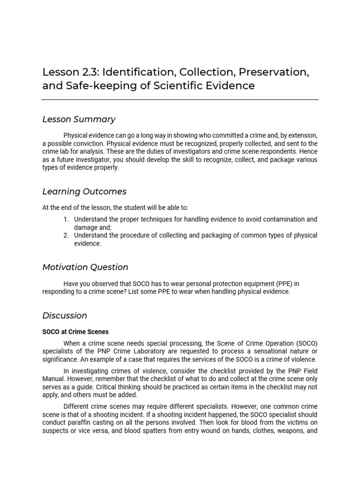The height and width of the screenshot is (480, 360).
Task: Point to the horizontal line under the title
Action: coord(180,99)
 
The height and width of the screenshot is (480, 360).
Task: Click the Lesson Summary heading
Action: coord(79,120)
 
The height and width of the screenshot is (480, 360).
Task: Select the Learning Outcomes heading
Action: coord(84,192)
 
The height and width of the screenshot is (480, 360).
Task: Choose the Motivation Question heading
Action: coord(85,267)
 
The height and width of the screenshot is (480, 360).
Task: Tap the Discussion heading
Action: coord(65,315)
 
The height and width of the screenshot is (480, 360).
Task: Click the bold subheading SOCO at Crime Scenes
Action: coord(75,331)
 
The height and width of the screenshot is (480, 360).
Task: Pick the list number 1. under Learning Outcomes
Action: coord(66,219)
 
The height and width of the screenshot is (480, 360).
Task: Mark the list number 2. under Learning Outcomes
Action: coord(66,235)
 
